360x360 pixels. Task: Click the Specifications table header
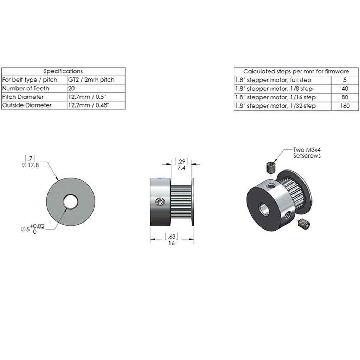(x=63, y=71)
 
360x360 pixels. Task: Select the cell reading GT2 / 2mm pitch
(x=91, y=80)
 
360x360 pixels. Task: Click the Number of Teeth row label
(x=26, y=88)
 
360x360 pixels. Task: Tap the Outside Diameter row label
(x=27, y=105)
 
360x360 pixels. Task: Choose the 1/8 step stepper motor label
(x=274, y=89)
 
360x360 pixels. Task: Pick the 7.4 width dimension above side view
(x=181, y=168)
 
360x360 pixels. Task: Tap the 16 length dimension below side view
(x=172, y=243)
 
